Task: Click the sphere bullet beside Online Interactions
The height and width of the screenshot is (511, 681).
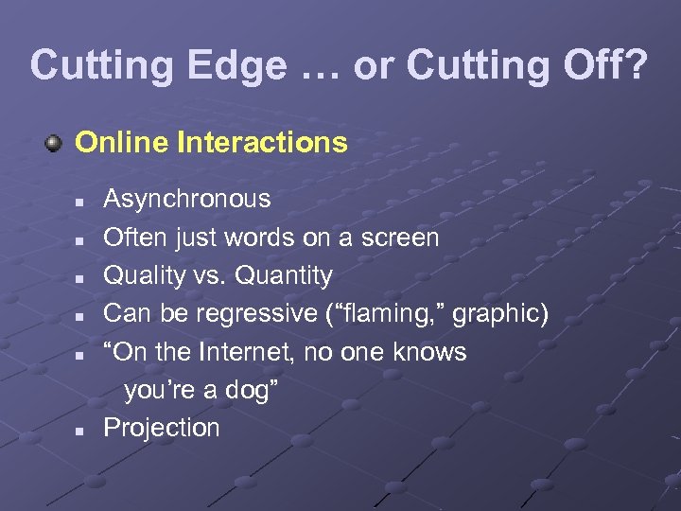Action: [56, 144]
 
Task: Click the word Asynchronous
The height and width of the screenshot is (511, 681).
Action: [186, 200]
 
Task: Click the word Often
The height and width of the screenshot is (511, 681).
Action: [133, 238]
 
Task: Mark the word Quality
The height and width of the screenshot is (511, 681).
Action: [143, 276]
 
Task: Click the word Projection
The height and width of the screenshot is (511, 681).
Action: [161, 428]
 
